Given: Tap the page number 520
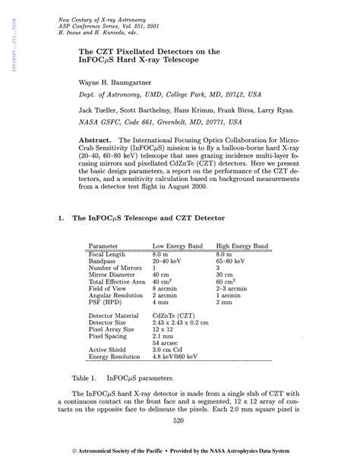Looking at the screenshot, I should pyautogui.click(x=179, y=420).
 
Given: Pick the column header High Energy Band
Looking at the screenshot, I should pyautogui.click(x=242, y=246).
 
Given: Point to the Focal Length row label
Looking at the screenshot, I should pyautogui.click(x=108, y=254).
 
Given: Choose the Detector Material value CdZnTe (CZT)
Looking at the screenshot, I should pyautogui.click(x=177, y=315).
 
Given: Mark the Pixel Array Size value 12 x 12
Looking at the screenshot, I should pyautogui.click(x=163, y=328).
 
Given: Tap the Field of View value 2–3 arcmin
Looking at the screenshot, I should pyautogui.click(x=234, y=288).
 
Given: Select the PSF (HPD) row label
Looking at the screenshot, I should pyautogui.click(x=106, y=302).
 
